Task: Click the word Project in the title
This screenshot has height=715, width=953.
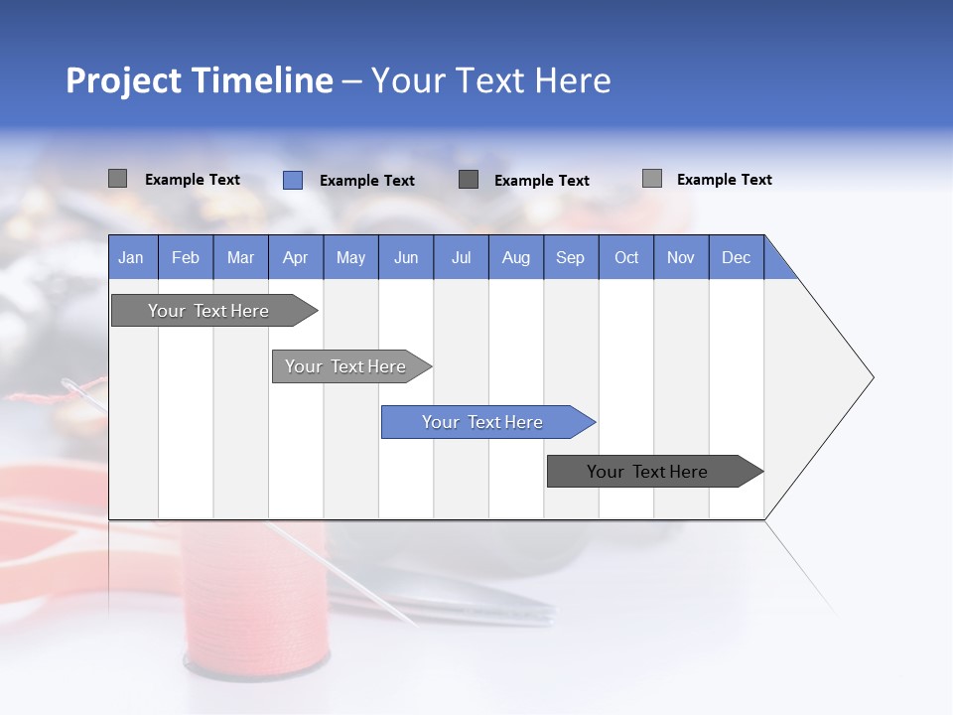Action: (122, 80)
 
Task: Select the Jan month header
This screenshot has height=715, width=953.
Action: (131, 257)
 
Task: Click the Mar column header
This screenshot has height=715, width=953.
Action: (240, 257)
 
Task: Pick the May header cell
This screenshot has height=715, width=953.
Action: (350, 257)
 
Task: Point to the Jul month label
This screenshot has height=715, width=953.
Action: (461, 257)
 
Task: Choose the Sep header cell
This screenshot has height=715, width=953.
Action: (570, 257)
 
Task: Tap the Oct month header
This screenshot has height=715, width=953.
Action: (626, 257)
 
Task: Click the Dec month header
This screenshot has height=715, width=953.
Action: (736, 257)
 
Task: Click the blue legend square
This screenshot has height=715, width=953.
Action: (292, 180)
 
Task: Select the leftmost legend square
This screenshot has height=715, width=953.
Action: (117, 179)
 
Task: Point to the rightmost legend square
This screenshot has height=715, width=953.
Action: (651, 179)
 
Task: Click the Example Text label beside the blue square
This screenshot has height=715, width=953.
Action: (366, 181)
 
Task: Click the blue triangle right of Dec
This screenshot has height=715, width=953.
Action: (777, 265)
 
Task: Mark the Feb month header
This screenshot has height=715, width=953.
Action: (186, 257)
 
